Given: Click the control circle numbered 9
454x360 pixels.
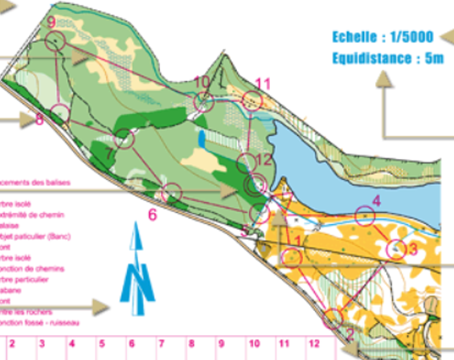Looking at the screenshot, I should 55,41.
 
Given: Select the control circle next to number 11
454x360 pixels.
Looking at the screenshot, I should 253,100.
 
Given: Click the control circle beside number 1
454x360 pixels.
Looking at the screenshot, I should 292,257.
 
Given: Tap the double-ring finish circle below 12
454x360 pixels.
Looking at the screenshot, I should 255,186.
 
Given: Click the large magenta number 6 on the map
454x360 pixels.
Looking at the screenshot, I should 151,214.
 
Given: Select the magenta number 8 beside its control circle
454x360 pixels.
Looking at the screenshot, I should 39,120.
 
